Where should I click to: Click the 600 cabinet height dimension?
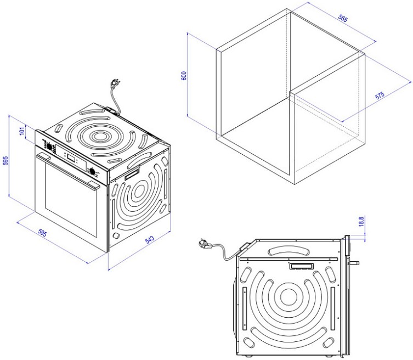(184, 76)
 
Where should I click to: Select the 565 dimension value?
(343, 18)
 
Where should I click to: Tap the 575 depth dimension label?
(380, 95)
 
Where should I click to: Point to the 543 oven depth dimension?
(149, 239)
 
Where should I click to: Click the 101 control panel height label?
(22, 131)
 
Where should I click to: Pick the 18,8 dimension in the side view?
(361, 221)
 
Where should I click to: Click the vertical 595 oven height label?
(5, 160)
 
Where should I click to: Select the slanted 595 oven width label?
(42, 233)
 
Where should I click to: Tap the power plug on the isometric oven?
(115, 83)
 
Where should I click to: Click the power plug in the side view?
(203, 243)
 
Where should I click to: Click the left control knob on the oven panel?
(49, 147)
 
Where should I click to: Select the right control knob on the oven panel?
(93, 171)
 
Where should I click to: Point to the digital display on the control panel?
(71, 158)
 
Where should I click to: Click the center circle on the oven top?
(99, 136)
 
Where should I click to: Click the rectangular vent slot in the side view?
(302, 266)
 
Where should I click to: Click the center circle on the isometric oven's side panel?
(139, 192)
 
